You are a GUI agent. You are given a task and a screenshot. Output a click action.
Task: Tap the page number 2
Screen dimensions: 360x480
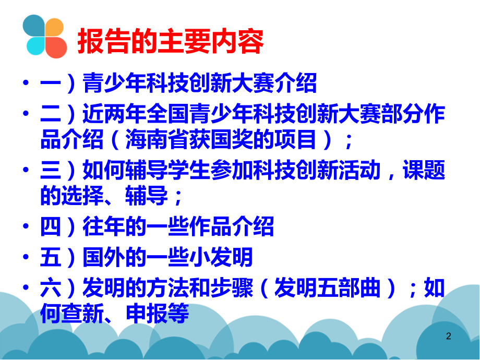(x=448, y=337)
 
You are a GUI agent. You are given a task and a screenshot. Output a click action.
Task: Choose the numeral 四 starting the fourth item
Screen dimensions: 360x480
(x=51, y=227)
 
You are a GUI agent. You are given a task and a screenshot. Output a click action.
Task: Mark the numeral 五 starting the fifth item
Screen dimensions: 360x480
(x=51, y=257)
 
